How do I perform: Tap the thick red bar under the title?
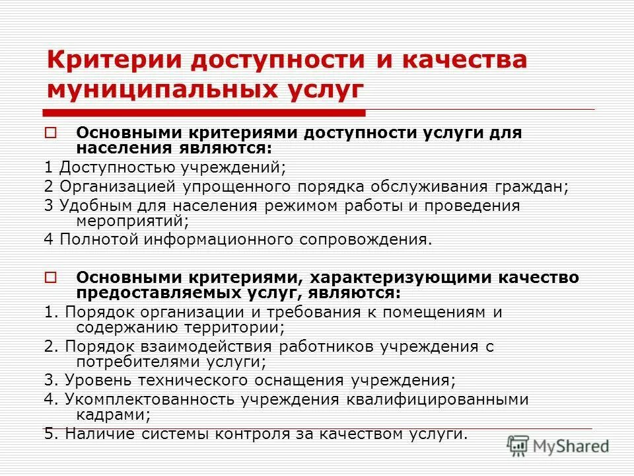coord(204,112)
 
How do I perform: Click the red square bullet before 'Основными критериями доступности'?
coord(52,133)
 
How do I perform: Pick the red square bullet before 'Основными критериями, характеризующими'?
coord(52,277)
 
